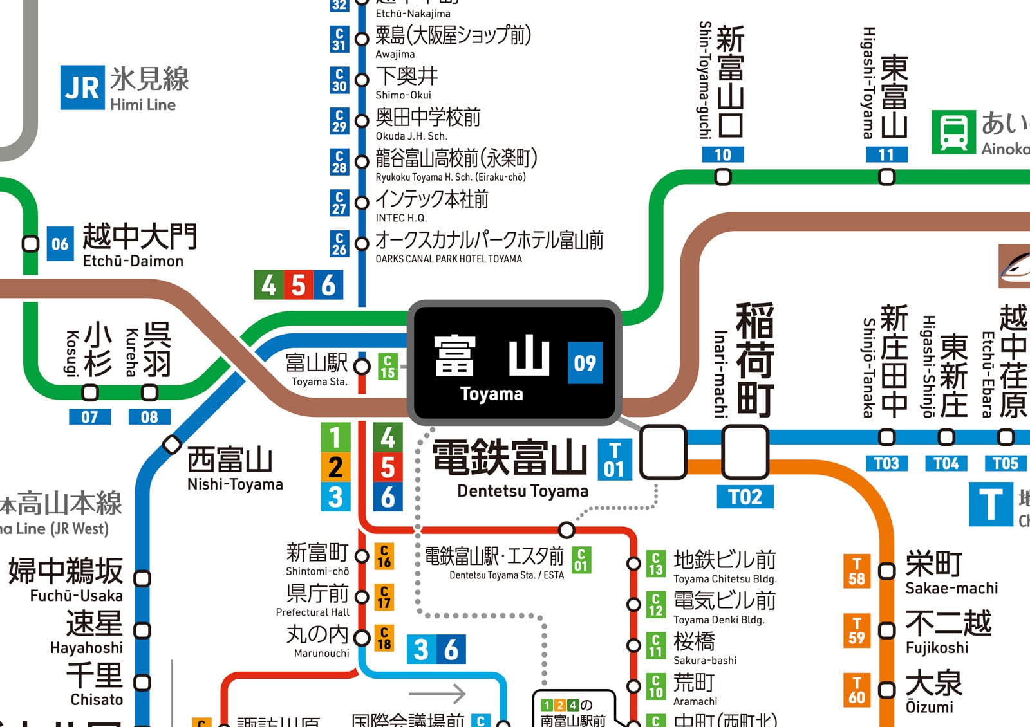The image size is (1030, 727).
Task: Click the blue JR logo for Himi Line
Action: (x=82, y=87)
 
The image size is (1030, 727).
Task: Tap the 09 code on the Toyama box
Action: (x=585, y=363)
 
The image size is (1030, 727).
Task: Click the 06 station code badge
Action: (x=60, y=244)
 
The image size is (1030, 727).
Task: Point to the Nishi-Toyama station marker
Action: (x=171, y=445)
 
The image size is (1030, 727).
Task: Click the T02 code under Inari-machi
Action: (x=745, y=497)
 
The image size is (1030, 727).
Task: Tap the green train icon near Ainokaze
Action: (x=953, y=132)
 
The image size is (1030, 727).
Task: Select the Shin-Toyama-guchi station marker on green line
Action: (x=723, y=176)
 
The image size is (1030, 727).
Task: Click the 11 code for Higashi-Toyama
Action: (x=886, y=154)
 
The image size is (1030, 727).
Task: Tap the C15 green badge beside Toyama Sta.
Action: (x=388, y=366)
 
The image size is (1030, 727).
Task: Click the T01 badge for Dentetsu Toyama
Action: (x=614, y=459)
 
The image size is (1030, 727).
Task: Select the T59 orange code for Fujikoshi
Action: (x=857, y=630)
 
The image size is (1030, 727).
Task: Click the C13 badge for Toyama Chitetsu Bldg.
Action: (x=655, y=564)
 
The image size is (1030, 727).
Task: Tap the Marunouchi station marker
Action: (x=362, y=638)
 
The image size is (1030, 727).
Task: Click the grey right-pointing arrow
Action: (x=438, y=694)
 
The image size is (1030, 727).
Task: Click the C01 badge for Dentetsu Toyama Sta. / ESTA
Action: (x=581, y=560)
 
